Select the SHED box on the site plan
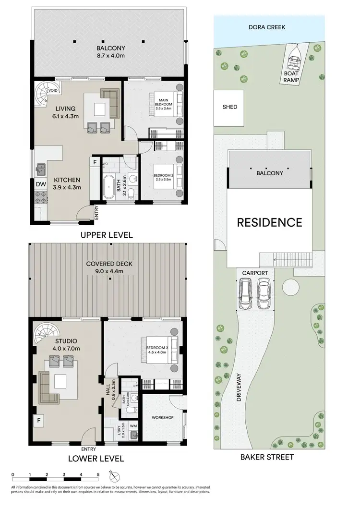[230, 107]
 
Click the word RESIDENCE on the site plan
[269, 222]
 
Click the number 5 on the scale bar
[98, 474]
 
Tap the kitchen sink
[41, 169]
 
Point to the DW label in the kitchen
[40, 183]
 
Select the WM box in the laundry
[132, 425]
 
